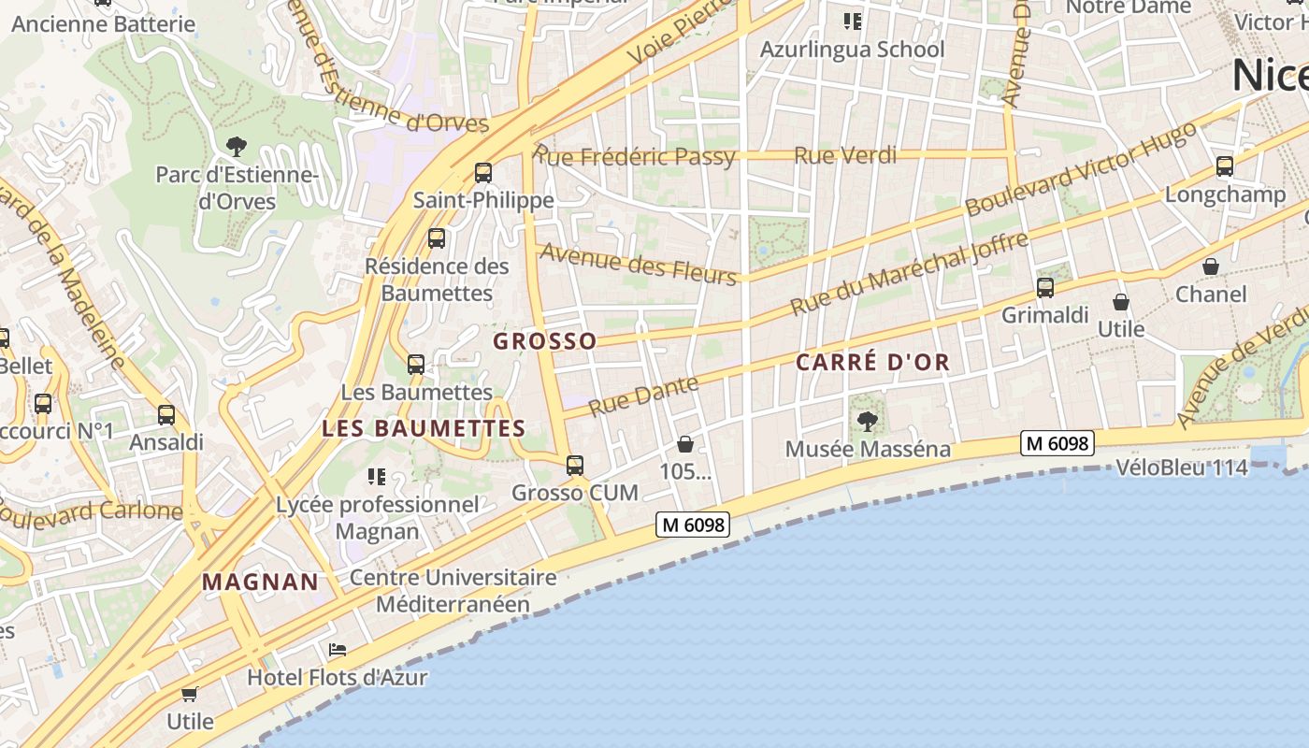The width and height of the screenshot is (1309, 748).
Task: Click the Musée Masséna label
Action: pyautogui.click(x=868, y=449)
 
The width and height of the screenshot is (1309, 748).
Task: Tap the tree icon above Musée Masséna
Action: pyautogui.click(x=868, y=421)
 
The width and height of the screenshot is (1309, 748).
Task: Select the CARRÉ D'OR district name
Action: pyautogui.click(x=872, y=363)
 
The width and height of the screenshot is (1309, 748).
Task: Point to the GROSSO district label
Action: pyautogui.click(x=544, y=341)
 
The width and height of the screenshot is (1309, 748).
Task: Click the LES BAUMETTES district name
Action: pyautogui.click(x=424, y=429)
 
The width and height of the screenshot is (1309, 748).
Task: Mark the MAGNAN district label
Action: pyautogui.click(x=261, y=582)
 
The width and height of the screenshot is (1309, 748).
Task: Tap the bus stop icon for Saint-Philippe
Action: pyautogui.click(x=483, y=173)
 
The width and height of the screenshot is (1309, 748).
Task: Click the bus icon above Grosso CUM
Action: pyautogui.click(x=575, y=465)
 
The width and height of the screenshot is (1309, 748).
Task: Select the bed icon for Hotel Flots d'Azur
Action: pyautogui.click(x=338, y=650)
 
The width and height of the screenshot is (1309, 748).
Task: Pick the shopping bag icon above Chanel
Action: pyautogui.click(x=1211, y=266)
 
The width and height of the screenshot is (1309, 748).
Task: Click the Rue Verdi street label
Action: pyautogui.click(x=844, y=155)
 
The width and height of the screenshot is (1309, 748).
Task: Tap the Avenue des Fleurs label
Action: pyautogui.click(x=639, y=263)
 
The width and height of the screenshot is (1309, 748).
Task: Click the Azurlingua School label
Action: pyautogui.click(x=852, y=50)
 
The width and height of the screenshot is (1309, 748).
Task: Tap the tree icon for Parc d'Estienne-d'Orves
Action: pyautogui.click(x=237, y=146)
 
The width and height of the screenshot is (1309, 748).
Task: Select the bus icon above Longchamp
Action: pyautogui.click(x=1225, y=166)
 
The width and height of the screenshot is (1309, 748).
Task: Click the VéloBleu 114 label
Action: pyautogui.click(x=1182, y=467)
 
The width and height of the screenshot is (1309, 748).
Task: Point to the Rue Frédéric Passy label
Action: pyautogui.click(x=635, y=155)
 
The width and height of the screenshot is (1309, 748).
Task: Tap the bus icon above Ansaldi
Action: pyautogui.click(x=166, y=414)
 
